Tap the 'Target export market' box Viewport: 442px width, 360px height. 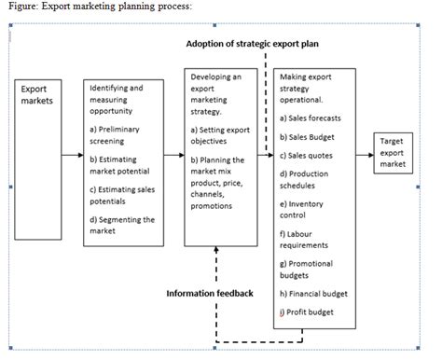pyautogui.click(x=394, y=152)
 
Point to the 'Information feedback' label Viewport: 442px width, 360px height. pyautogui.click(x=210, y=293)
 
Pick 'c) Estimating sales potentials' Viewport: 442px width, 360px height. pyautogui.click(x=119, y=195)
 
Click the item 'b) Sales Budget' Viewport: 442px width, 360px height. pyautogui.click(x=308, y=137)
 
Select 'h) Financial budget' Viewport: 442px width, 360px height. pyautogui.click(x=313, y=293)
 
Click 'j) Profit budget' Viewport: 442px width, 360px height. pyautogui.click(x=307, y=312)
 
